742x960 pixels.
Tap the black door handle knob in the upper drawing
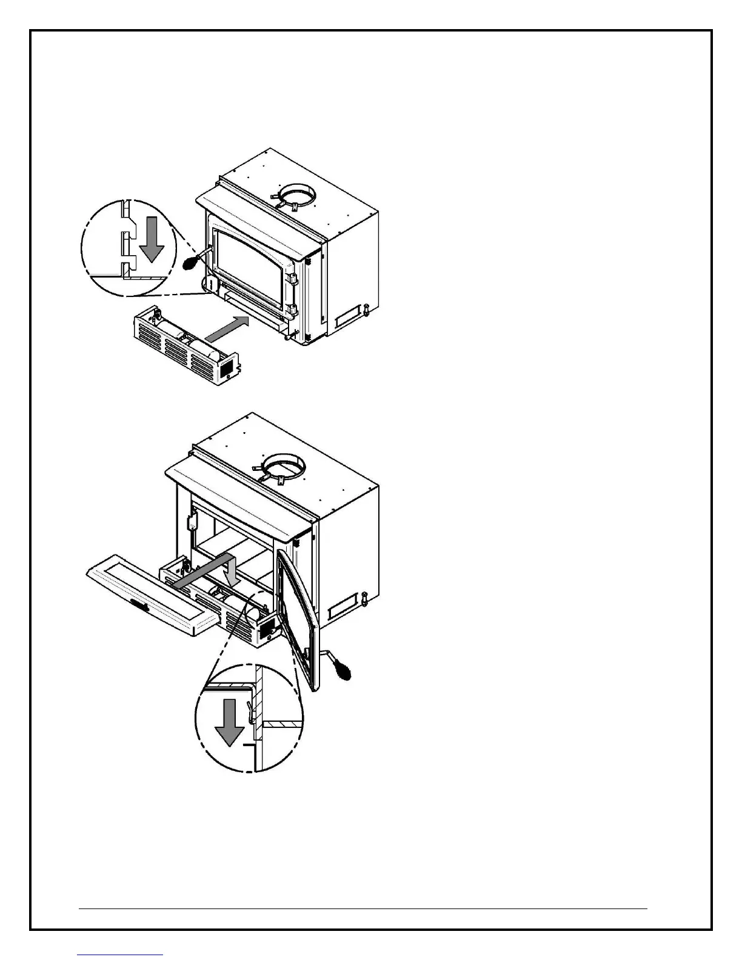(x=190, y=264)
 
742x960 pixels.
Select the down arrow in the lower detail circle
(x=229, y=722)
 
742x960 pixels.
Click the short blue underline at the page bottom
(x=121, y=955)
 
